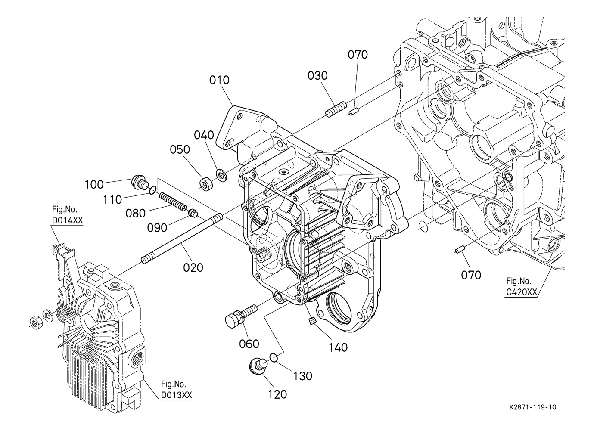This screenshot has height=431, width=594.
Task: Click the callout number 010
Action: pyautogui.click(x=219, y=80)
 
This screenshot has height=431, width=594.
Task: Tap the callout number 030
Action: pyautogui.click(x=317, y=76)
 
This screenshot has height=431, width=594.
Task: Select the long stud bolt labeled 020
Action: pyautogui.click(x=183, y=239)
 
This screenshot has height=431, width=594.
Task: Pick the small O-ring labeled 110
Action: pyautogui.click(x=152, y=190)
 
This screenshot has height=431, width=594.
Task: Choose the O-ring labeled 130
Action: pyautogui.click(x=274, y=358)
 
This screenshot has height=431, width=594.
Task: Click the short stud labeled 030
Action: pyautogui.click(x=336, y=109)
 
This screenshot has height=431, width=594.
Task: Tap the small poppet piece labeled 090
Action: pyautogui.click(x=193, y=213)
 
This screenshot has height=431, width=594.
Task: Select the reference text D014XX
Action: pyautogui.click(x=67, y=220)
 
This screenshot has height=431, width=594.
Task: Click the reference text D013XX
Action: pyautogui.click(x=176, y=395)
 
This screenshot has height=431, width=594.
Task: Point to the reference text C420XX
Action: pyautogui.click(x=522, y=292)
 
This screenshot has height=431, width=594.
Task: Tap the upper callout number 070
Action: pyautogui.click(x=358, y=55)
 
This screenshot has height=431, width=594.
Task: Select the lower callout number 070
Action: pyautogui.click(x=471, y=276)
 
